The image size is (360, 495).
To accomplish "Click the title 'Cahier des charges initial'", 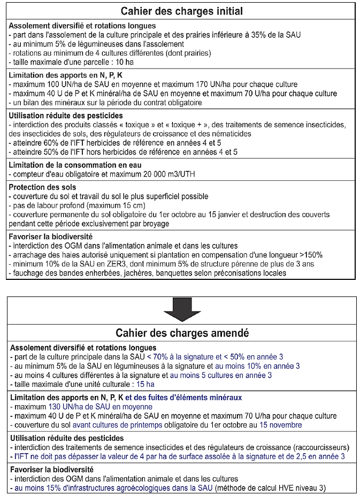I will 182,11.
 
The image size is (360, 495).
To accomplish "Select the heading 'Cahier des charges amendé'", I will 182,333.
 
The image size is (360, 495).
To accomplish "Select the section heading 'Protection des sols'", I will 43,187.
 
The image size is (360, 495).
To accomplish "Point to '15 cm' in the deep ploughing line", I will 131,205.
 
